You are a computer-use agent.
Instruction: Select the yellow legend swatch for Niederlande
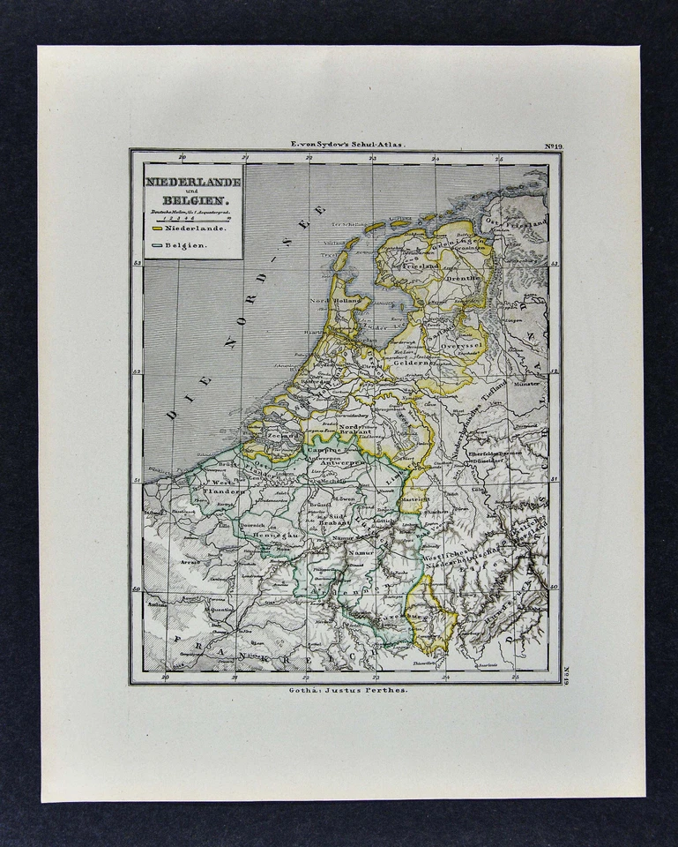coord(157,229)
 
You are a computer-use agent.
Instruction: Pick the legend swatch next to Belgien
coord(157,245)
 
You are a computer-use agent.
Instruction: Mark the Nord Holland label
coord(332,301)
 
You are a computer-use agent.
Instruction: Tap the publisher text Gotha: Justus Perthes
coord(346,691)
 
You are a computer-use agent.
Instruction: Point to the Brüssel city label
coord(320,505)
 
